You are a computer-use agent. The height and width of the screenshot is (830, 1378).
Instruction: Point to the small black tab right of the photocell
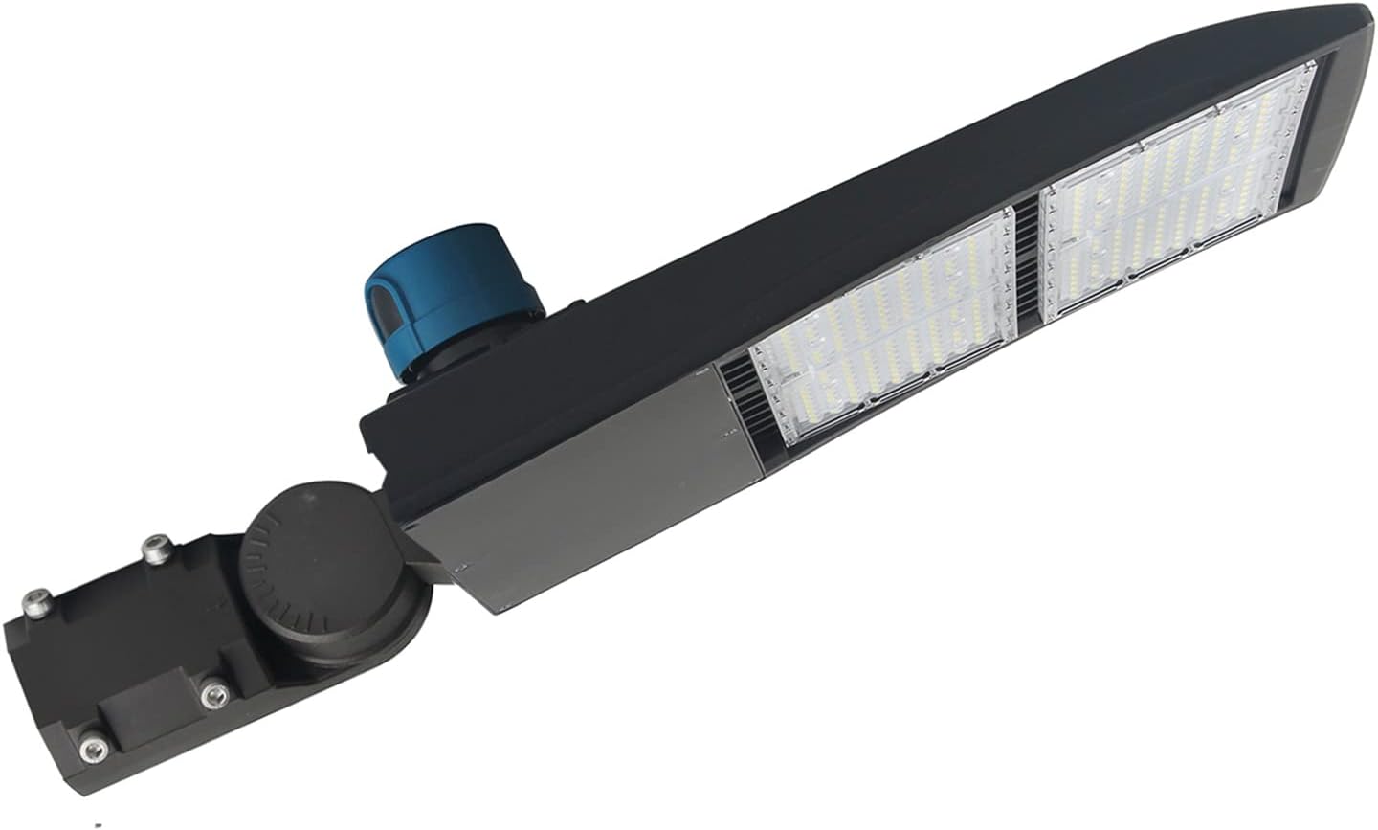(572, 308)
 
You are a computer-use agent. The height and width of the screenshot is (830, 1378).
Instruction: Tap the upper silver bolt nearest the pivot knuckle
(153, 548)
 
